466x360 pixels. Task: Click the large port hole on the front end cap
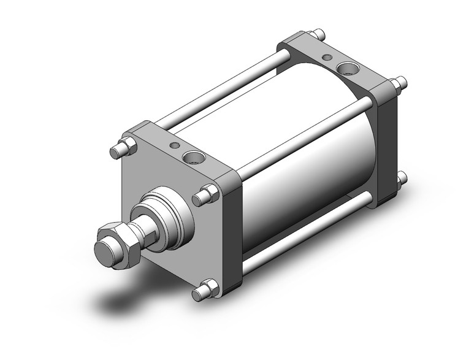click(197, 159)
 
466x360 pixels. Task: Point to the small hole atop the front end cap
click(175, 145)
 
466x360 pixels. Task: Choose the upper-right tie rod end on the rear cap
click(399, 83)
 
